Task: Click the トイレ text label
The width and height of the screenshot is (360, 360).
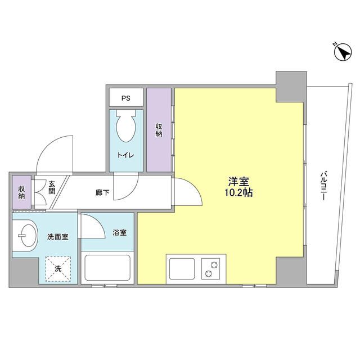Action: coord(125,155)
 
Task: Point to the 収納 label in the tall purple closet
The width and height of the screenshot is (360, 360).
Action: coord(159,130)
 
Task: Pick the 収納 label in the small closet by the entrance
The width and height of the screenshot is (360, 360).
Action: coord(21,193)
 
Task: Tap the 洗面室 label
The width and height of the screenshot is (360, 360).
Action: coord(57,237)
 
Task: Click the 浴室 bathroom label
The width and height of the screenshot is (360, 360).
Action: coord(119,232)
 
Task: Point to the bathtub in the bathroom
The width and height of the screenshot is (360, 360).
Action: coord(107,268)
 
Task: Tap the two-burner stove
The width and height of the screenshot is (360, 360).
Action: coord(212,268)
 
